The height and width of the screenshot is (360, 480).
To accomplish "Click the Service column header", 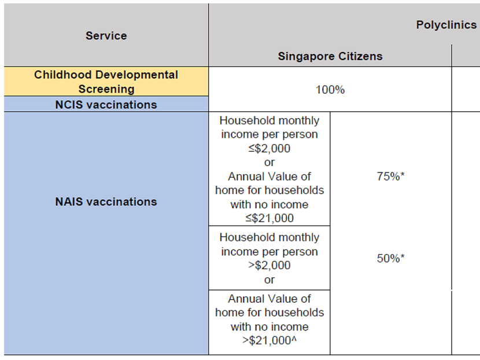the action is click(x=106, y=35).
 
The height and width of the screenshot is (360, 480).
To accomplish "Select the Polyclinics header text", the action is click(x=446, y=25).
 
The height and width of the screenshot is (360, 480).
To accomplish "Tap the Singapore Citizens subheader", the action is click(x=330, y=56).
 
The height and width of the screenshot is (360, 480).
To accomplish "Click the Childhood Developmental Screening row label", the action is click(x=106, y=82).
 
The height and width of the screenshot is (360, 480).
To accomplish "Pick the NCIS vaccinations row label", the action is click(x=106, y=105).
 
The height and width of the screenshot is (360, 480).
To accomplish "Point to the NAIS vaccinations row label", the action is click(x=106, y=201).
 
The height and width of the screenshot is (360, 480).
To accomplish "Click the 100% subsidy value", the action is click(x=330, y=90).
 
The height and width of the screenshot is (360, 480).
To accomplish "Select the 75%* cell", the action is click(x=390, y=176).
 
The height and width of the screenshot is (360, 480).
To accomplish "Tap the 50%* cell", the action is click(x=390, y=258).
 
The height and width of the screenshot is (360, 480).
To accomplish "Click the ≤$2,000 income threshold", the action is click(x=269, y=148).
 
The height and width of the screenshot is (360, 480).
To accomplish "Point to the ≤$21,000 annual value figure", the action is click(x=269, y=218).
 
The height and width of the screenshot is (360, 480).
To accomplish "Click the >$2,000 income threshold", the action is click(x=269, y=265).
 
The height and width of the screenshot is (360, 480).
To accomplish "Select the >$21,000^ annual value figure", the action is click(x=269, y=340).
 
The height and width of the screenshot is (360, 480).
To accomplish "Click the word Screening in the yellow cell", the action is click(x=106, y=89).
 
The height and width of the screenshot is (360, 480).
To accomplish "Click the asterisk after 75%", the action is click(x=403, y=174).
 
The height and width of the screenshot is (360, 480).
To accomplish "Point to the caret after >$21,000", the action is click(x=294, y=338).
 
